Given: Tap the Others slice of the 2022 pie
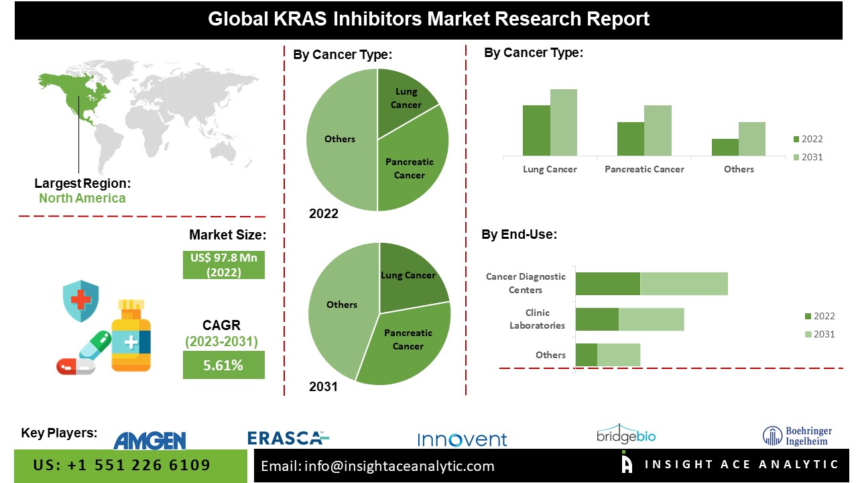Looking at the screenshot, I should pos(340,140).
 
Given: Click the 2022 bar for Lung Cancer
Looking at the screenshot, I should pos(536,131).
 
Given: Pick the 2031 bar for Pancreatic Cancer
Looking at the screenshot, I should pos(658,131).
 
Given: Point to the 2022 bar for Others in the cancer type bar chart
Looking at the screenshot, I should pos(725,148).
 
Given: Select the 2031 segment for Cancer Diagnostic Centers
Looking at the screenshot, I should pos(684,284).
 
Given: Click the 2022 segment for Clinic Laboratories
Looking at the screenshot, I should pos(597,319).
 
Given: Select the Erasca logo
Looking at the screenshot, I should pos(288,438).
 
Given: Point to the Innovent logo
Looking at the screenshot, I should pos(462,439).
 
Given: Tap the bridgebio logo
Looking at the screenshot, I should pos(626,435).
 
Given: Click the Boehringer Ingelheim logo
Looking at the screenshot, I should pos(798,436).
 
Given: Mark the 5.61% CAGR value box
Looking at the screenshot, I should pos(223,366).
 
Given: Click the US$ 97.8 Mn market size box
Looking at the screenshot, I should pos(223,265).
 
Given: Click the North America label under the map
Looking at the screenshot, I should pos(82,198).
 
